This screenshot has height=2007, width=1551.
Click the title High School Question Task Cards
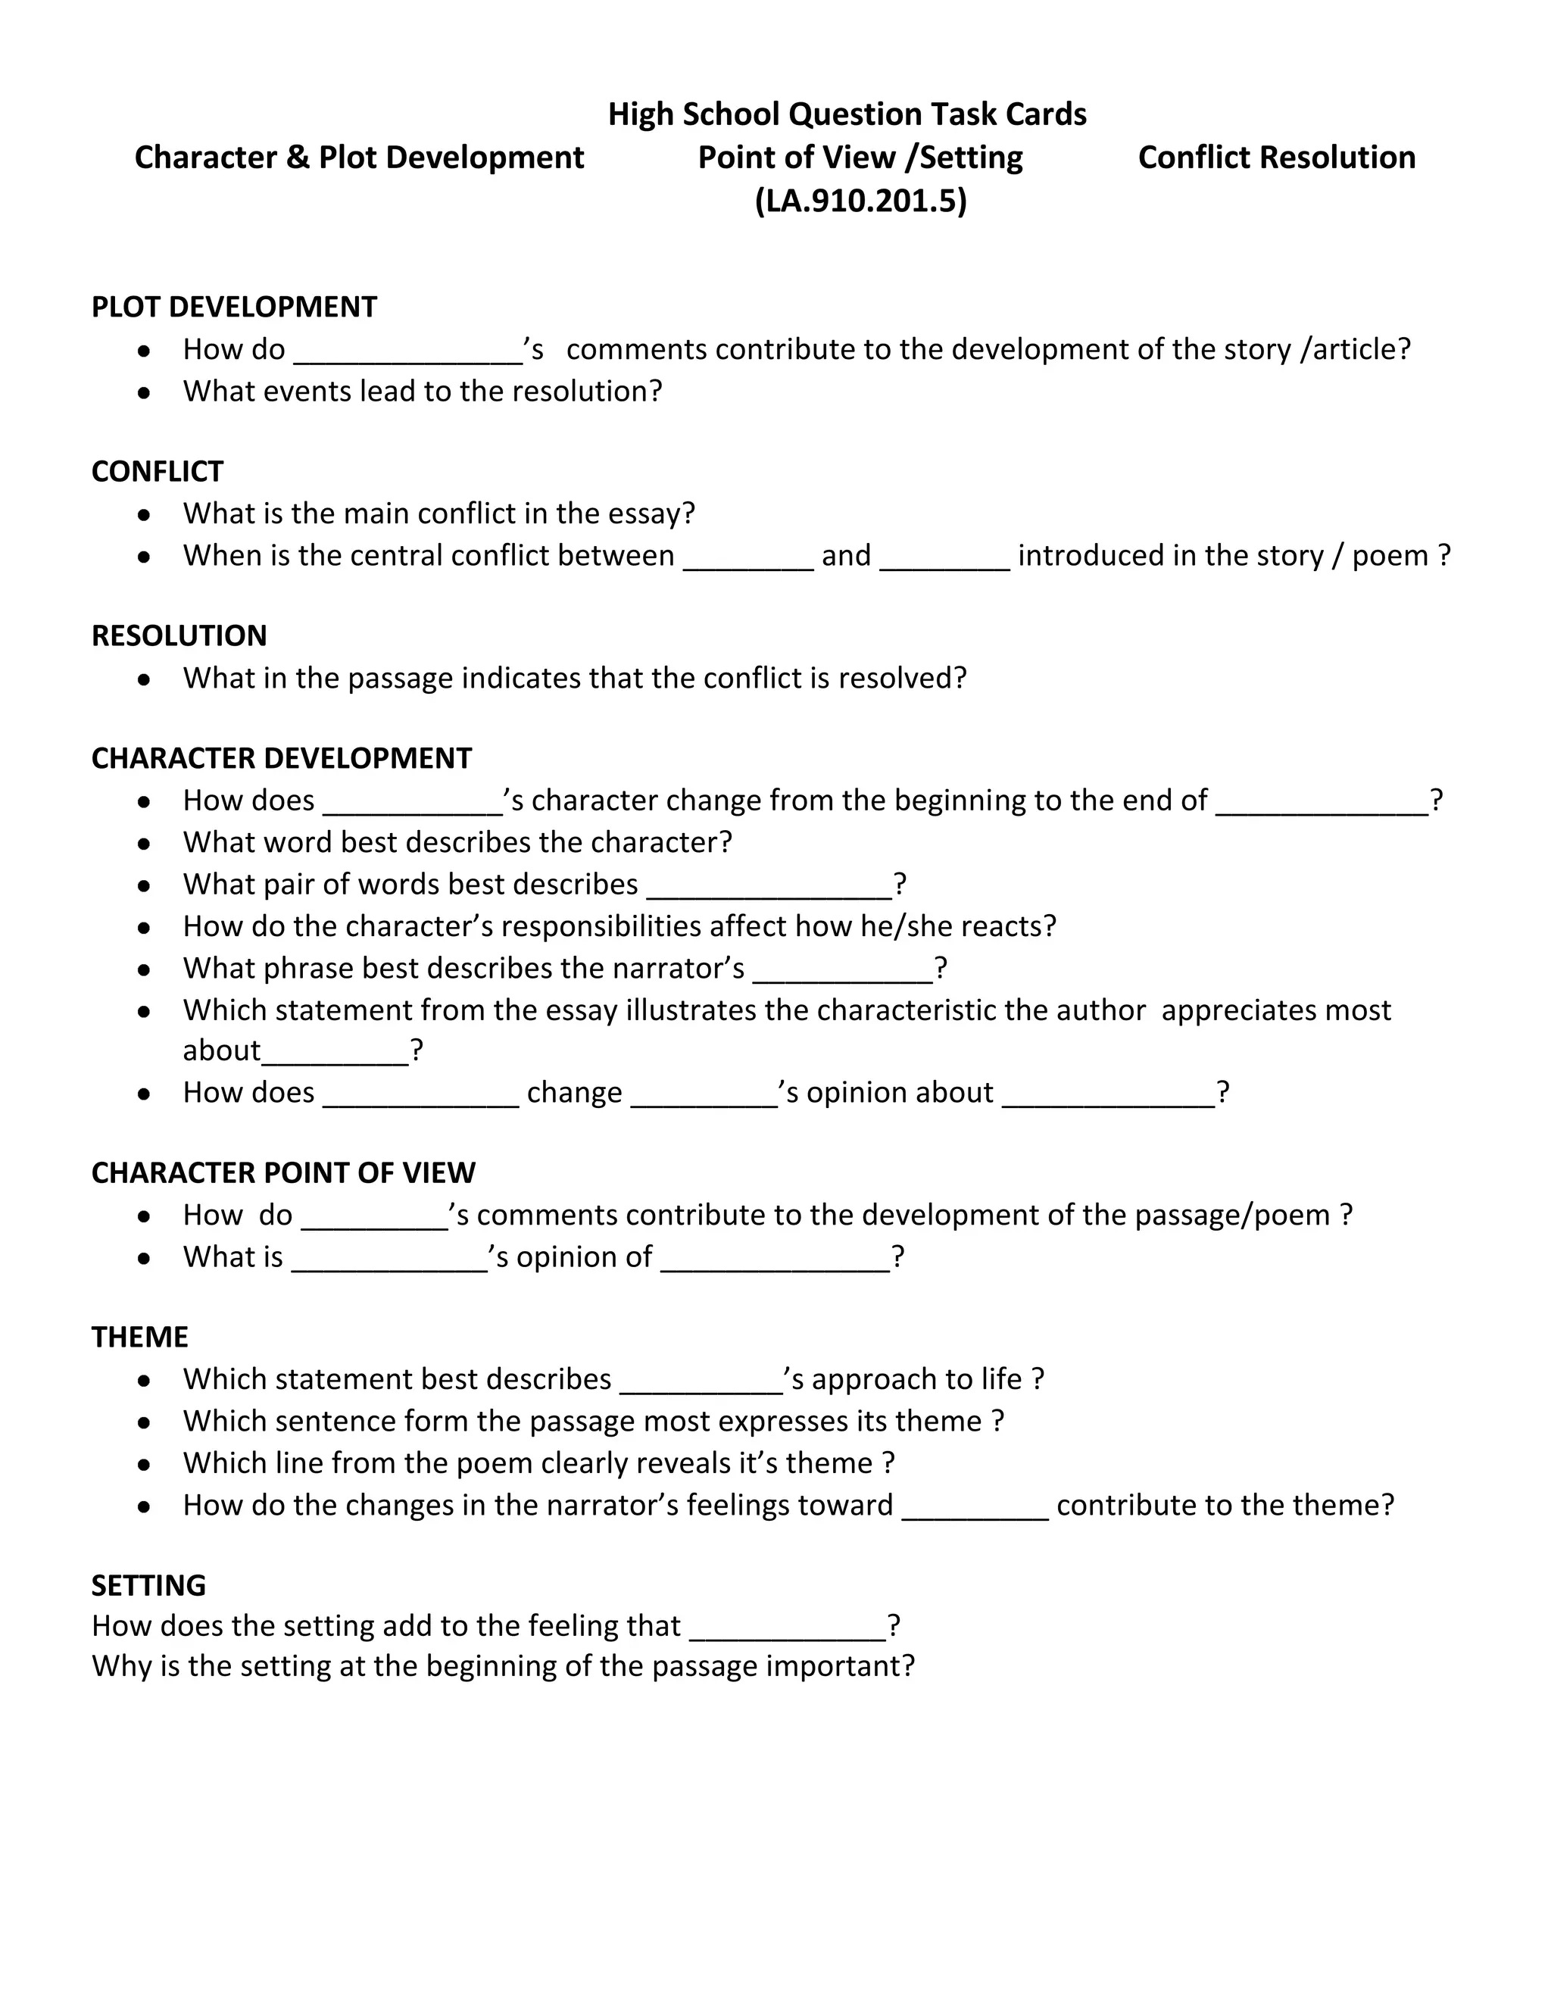click(846, 114)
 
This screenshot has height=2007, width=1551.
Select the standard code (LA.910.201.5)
click(860, 201)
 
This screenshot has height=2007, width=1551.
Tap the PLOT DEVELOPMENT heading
click(233, 307)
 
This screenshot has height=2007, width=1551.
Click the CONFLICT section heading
click(157, 471)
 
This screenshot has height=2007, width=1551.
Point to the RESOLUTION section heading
click(179, 636)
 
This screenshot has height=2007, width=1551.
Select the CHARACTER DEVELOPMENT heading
click(281, 758)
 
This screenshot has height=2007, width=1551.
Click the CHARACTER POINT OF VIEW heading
click(283, 1172)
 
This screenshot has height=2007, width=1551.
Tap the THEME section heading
click(139, 1337)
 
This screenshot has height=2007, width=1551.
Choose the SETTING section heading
click(149, 1585)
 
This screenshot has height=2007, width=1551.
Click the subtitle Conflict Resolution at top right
click(1276, 157)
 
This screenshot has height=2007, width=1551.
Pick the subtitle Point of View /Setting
click(860, 157)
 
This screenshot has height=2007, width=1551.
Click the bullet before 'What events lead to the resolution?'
click(144, 392)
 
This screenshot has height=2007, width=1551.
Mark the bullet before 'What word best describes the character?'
click(144, 843)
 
